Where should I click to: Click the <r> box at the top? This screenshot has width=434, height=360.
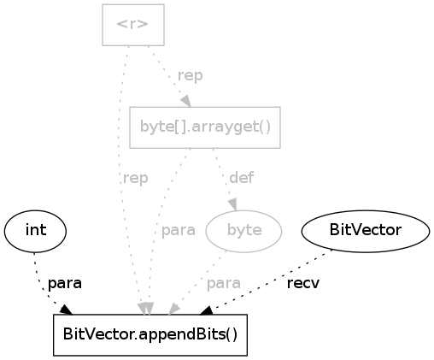[x=133, y=25]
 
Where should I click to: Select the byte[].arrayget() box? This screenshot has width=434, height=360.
[x=205, y=127]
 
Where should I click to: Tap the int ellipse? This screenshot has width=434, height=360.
[x=35, y=231]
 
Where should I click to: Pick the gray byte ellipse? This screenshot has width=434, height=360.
[x=243, y=231]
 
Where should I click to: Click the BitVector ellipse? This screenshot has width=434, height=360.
[x=366, y=231]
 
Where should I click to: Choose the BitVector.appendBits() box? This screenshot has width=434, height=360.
[x=150, y=335]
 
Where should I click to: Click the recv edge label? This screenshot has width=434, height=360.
[x=303, y=283]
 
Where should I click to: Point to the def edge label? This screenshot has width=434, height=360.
[x=242, y=178]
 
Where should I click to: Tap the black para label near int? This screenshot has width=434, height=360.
[x=65, y=283]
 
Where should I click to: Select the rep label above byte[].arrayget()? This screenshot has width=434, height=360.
[x=190, y=75]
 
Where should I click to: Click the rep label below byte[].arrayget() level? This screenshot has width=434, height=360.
[x=135, y=179]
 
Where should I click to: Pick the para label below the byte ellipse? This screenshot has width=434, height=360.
[x=224, y=283]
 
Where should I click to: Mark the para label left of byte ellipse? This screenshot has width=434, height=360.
[x=179, y=230]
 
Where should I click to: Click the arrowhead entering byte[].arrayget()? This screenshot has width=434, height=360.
[x=186, y=101]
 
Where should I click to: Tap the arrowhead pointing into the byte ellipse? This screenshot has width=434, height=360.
[x=233, y=204]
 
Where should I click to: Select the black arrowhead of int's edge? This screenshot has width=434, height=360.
[x=66, y=310]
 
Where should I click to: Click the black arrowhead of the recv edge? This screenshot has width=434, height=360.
[x=206, y=310]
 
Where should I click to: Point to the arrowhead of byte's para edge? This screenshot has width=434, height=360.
[x=173, y=310]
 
